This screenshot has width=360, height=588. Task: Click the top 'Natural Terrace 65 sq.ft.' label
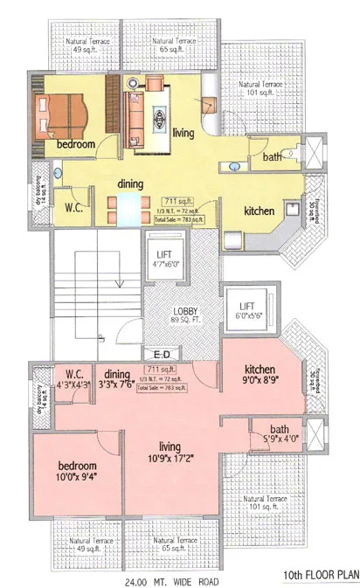pos(172,45)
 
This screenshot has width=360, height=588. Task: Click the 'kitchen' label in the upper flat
pos(260,211)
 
